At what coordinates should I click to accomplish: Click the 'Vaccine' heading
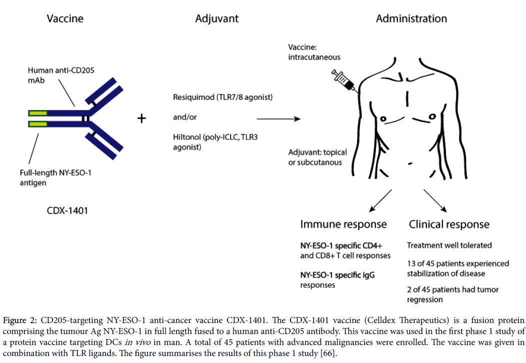click(65, 19)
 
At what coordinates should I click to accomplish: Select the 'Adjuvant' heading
click(217, 19)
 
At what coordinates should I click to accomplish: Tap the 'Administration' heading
click(411, 19)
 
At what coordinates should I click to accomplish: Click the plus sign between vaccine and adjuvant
click(142, 118)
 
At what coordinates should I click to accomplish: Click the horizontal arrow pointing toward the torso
click(278, 119)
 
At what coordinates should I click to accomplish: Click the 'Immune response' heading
click(343, 224)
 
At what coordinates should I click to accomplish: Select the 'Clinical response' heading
click(448, 224)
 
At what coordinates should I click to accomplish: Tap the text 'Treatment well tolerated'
click(449, 245)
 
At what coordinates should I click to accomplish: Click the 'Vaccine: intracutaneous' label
click(314, 52)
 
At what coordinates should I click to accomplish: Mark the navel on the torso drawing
click(410, 163)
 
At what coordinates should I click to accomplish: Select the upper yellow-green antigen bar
click(38, 113)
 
